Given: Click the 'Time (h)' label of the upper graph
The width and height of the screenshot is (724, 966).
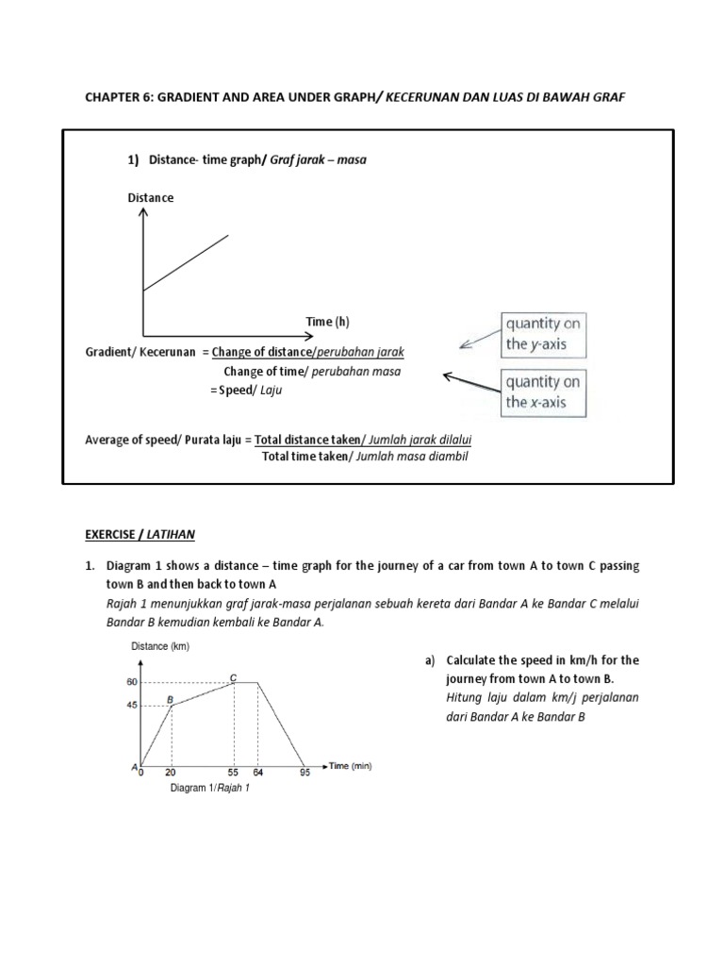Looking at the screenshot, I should pos(327,322).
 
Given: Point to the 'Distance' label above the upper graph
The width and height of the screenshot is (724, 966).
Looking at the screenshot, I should pos(151,198).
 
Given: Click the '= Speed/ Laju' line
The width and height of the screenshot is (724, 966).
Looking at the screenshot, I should pos(246,390).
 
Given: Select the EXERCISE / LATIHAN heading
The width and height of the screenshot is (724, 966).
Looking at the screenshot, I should pos(140,533).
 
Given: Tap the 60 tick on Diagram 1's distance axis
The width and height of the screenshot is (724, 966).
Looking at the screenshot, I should pos(131,681).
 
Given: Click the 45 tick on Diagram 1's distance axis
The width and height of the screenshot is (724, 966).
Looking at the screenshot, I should pos(131,704).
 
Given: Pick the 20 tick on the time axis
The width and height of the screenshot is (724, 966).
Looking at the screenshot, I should pos(171,773).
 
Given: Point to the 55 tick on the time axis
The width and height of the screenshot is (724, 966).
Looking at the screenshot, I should pos(234,773).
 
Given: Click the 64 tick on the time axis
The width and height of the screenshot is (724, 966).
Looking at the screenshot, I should pos(257,773).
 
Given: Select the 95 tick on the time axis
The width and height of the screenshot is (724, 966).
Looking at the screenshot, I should pos(304,773).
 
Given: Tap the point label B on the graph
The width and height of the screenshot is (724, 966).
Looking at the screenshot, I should pos(171,698).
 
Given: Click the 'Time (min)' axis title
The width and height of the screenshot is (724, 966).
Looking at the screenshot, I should pos(351,766).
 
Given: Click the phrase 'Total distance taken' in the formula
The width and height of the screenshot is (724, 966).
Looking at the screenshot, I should pos(308,440).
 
